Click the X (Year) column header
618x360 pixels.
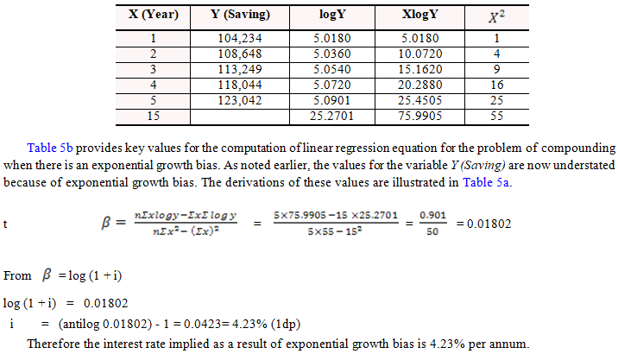(x=154, y=16)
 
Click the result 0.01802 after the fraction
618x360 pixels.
(x=482, y=223)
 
